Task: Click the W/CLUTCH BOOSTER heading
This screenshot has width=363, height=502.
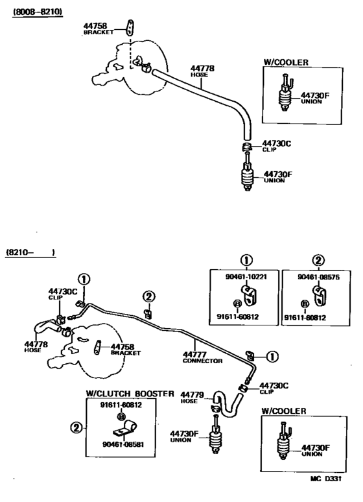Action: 130,393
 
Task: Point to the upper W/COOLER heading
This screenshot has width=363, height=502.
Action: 286,62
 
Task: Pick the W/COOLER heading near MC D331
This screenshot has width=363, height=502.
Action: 285,411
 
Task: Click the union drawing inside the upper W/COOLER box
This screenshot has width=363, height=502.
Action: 283,96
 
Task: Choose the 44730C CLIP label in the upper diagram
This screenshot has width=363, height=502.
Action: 275,146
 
